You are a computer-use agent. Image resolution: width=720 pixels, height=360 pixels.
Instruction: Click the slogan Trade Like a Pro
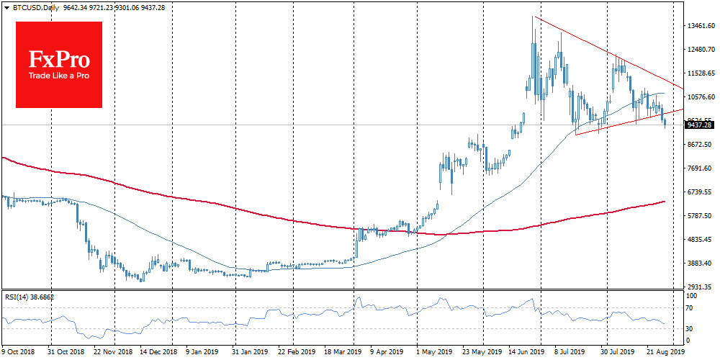tap(58, 76)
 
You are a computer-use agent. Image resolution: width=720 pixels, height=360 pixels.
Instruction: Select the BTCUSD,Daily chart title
tap(30, 7)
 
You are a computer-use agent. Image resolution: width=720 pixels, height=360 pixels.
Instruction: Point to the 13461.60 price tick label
tap(698, 26)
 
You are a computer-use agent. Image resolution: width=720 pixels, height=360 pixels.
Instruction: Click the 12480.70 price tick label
tap(698, 50)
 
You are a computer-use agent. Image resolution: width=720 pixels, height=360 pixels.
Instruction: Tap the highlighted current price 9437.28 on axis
tap(698, 125)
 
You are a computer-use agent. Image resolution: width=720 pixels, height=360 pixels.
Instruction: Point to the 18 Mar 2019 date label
tap(344, 353)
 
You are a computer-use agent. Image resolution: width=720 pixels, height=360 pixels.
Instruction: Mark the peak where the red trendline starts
tap(533, 16)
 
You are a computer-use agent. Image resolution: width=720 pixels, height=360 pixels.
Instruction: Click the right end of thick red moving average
tap(663, 202)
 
